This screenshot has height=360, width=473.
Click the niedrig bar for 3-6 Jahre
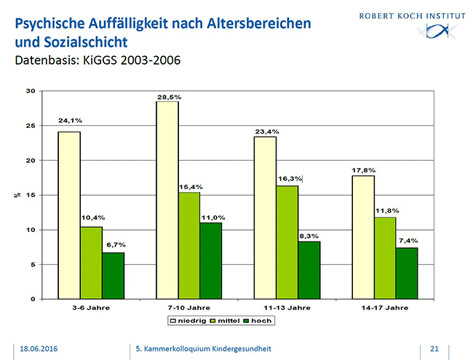pos(69,215)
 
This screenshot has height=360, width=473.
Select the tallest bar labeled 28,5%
pos(167,200)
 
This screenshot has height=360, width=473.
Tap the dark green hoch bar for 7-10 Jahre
pos(211,260)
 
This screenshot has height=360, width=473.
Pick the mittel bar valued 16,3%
pos(287,242)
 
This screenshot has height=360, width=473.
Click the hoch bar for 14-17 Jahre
pos(407,273)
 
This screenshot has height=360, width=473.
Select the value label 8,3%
pos(309,236)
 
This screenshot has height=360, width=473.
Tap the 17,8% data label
pos(362,170)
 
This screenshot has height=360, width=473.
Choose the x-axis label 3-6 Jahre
pos(91,308)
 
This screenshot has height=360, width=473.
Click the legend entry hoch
pos(261,319)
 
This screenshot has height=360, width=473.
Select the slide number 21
pos(435,348)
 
